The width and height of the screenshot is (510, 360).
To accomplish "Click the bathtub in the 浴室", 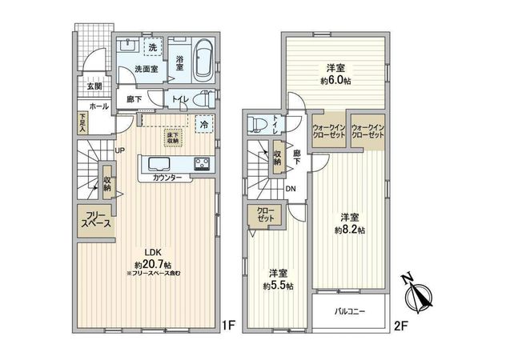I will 202,59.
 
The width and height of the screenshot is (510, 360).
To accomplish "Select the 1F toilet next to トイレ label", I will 205,99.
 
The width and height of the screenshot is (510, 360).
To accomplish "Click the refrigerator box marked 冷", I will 204,125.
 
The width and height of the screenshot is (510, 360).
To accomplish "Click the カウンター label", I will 167,177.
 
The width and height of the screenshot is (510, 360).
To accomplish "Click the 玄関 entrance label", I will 94,86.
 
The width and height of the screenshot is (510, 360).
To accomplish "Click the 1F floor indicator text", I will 228,325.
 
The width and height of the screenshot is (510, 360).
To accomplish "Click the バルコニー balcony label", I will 350,312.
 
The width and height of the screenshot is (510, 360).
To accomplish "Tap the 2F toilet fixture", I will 258,124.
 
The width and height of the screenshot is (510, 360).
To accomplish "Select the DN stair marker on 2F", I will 291,189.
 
